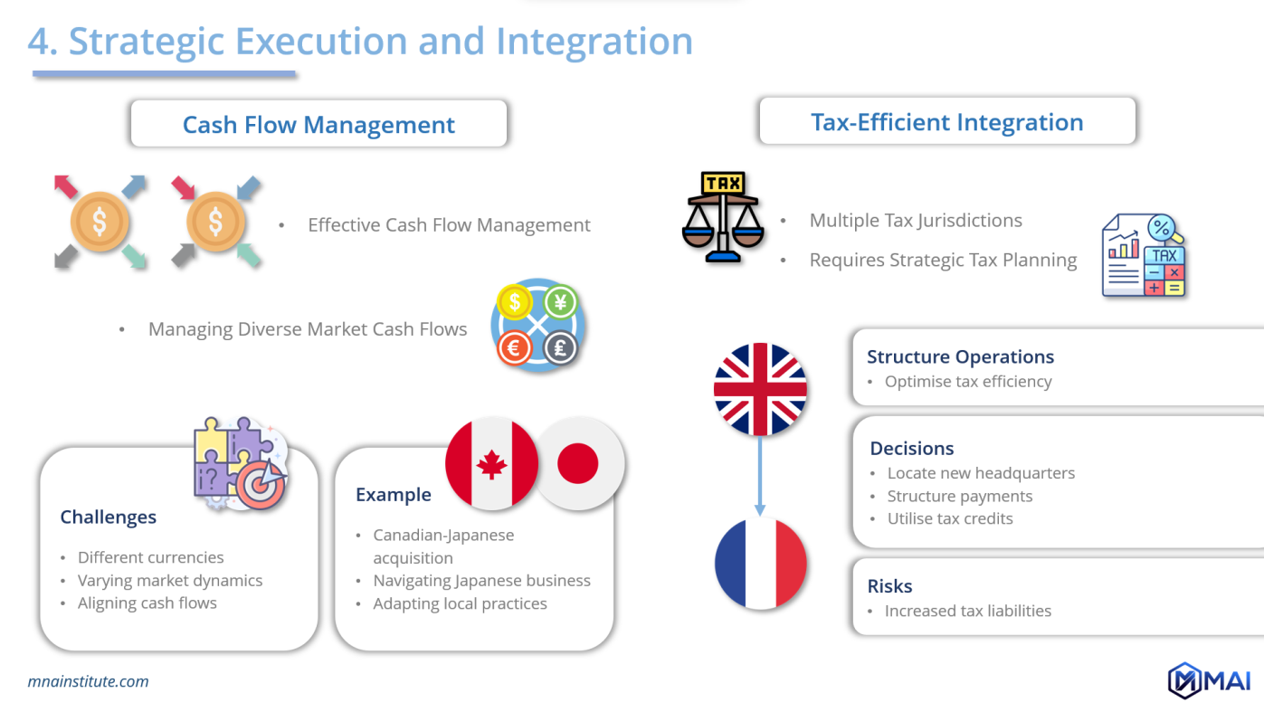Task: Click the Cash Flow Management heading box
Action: coord(318,124)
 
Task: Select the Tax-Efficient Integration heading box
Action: coord(946,122)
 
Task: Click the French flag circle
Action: coord(760,563)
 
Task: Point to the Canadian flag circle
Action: coord(491,464)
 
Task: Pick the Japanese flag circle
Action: coord(578,464)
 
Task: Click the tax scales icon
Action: coord(723,217)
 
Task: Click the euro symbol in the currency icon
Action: coord(515,348)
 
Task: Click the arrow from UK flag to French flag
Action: coord(760,475)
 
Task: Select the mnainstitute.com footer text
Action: coord(89,681)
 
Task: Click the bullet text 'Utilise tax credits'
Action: coord(950,518)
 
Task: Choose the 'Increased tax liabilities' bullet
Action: coord(968,611)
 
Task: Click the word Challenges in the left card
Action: coord(109,517)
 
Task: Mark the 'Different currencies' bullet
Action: coord(150,557)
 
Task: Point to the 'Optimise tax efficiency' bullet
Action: coord(968,381)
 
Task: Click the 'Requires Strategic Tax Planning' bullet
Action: coord(943,260)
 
